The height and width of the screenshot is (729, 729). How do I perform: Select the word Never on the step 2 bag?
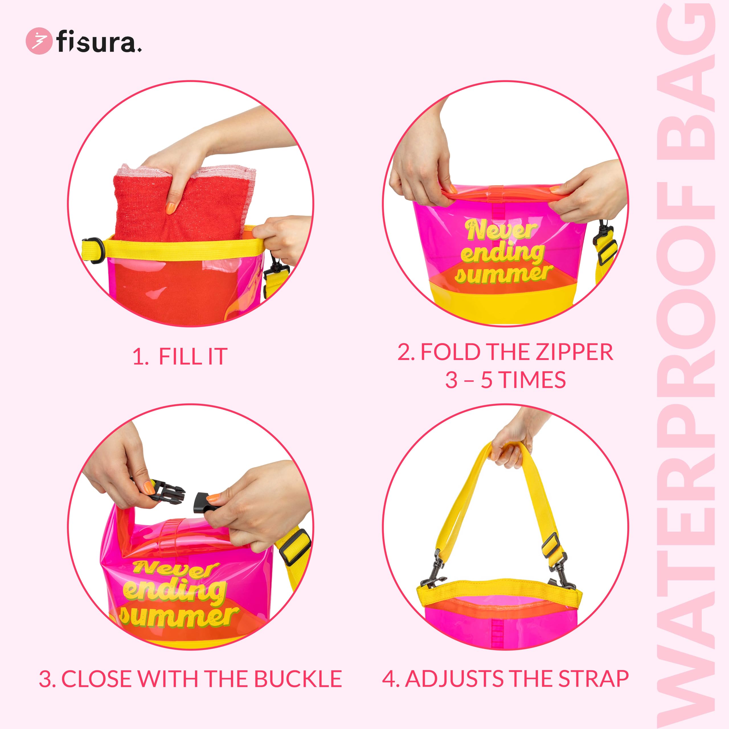(x=502, y=230)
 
